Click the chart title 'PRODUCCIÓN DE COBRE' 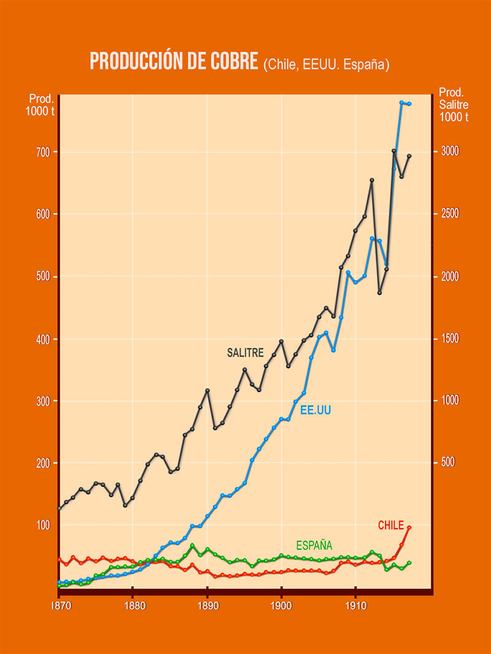(x=174, y=61)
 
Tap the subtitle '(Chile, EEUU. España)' (x=327, y=64)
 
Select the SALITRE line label (x=245, y=353)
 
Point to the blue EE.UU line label (x=315, y=410)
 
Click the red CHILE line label (x=391, y=525)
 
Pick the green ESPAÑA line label (x=314, y=545)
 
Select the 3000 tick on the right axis (x=451, y=151)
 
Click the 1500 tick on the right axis (x=451, y=339)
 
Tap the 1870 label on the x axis (x=59, y=603)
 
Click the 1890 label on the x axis (x=207, y=603)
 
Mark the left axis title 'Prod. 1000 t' (x=40, y=105)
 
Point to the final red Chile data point (x=409, y=527)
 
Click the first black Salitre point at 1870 (x=60, y=508)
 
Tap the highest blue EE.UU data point (x=401, y=102)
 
